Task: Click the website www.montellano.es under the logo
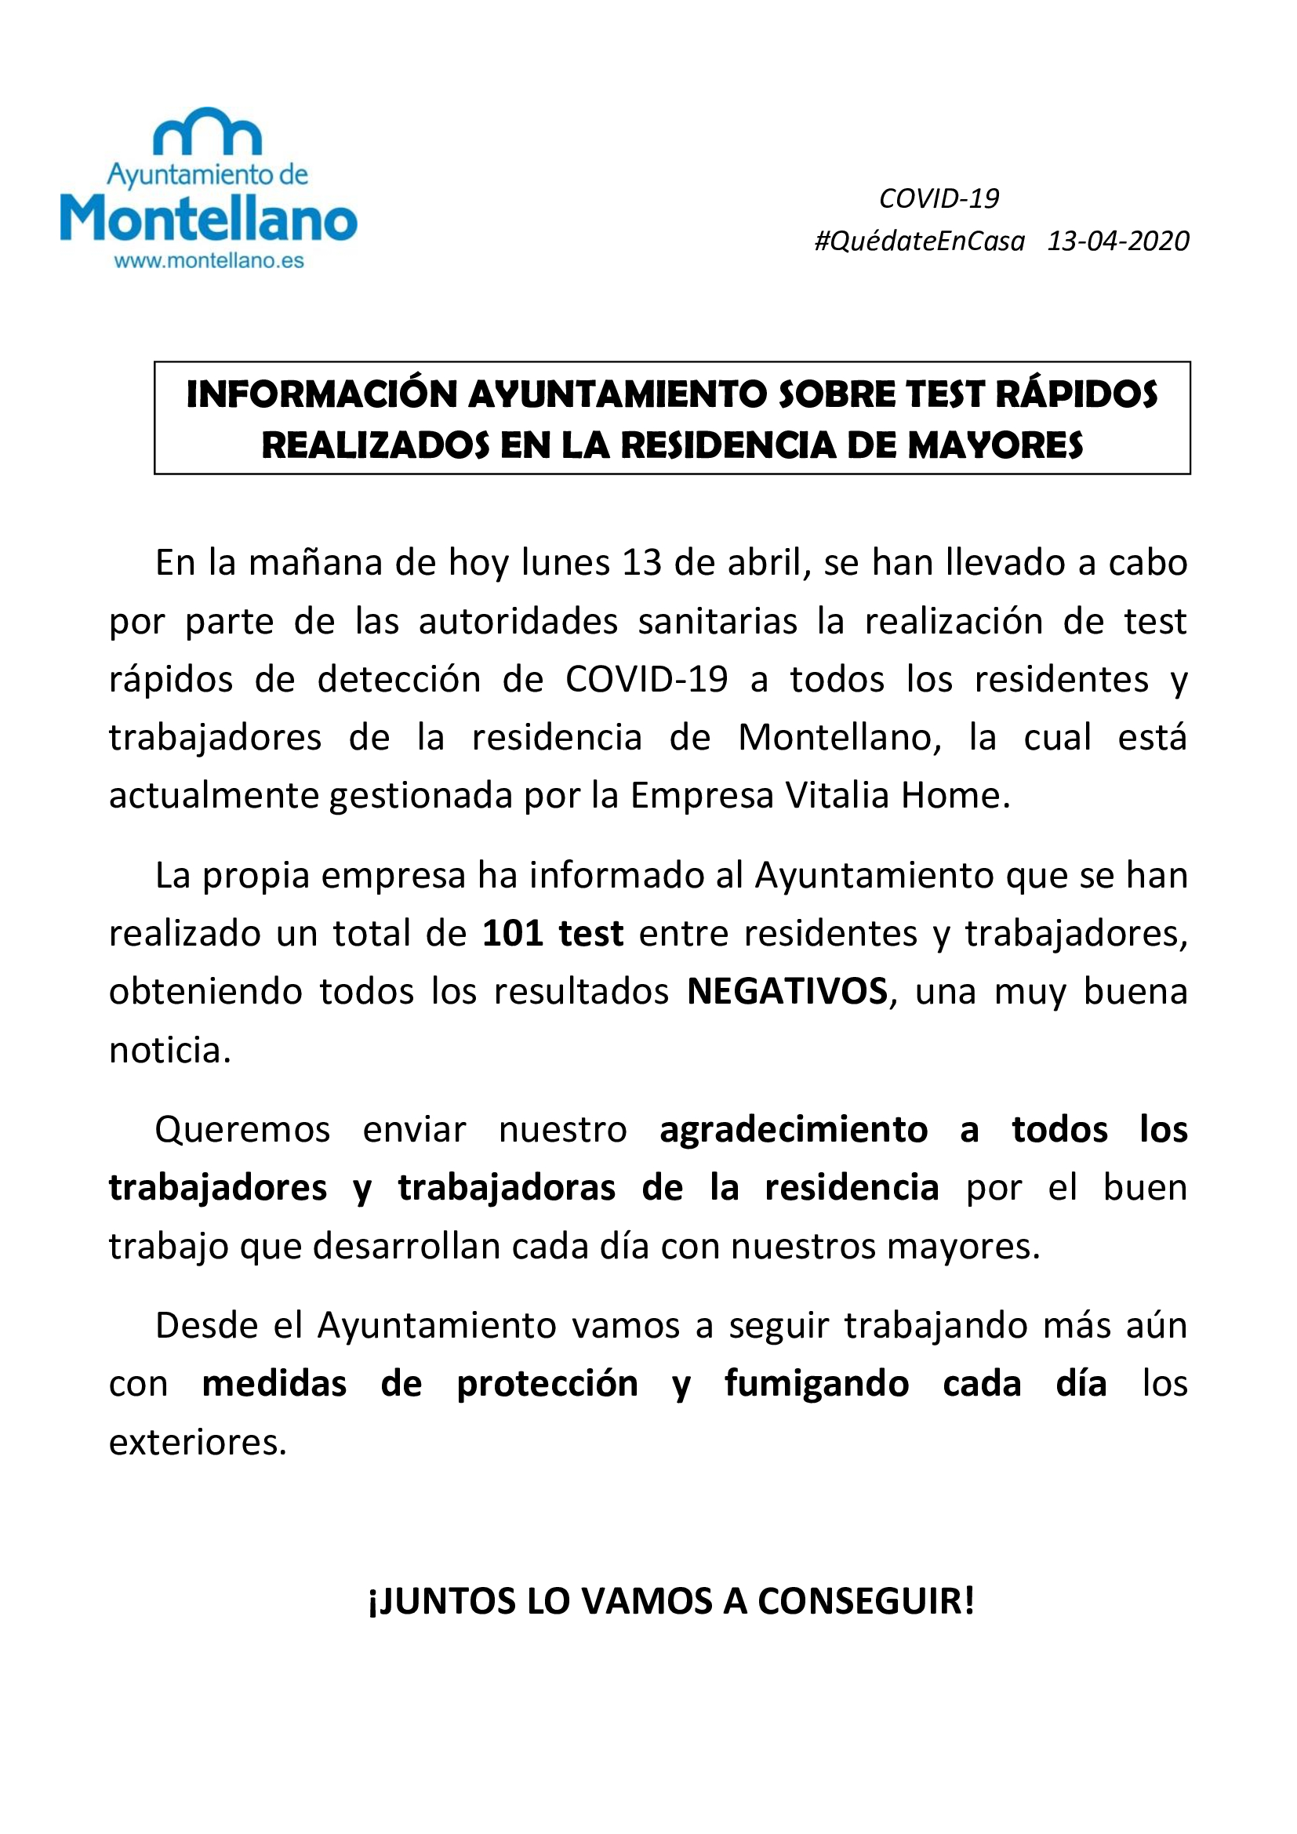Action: pos(209,261)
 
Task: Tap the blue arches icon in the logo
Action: pos(208,132)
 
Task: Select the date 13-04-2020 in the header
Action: pos(1118,242)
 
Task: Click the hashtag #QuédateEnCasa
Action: pos(919,242)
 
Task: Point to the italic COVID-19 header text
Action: pos(939,198)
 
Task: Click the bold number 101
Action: pos(511,933)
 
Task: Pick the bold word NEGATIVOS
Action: pos(787,991)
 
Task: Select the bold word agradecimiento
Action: pos(794,1129)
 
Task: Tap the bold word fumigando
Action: pos(816,1384)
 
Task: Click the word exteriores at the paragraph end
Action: pos(197,1442)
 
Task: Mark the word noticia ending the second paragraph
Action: pos(169,1050)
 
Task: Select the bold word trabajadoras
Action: pos(507,1188)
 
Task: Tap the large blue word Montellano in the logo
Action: pos(209,219)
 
